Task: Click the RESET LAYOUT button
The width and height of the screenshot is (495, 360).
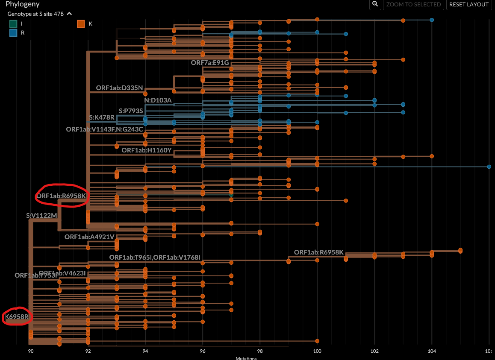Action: coord(468,5)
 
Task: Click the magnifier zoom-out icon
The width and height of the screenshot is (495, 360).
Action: coord(375,4)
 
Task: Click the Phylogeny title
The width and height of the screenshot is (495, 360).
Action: coord(23,4)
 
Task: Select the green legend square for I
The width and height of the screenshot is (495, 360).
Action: coord(14,24)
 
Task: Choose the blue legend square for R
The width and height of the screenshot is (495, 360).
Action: coord(14,33)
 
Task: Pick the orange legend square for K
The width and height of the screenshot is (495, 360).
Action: coord(81,24)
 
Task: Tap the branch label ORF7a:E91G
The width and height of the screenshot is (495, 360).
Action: coord(210,63)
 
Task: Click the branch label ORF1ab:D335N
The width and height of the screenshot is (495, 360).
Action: coord(119,88)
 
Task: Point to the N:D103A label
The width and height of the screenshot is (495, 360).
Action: coord(158,100)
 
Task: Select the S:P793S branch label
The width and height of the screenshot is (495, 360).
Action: coord(131,111)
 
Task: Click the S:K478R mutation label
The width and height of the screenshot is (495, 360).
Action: coord(102,117)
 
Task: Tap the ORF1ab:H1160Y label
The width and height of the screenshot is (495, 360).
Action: coord(146,150)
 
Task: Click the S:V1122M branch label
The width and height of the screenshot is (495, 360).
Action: coord(41,216)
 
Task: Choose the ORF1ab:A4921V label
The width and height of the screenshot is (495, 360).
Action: coord(89,237)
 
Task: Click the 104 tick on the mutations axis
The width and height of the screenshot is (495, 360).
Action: coord(432,351)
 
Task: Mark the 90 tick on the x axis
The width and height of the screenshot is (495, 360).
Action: coord(31,351)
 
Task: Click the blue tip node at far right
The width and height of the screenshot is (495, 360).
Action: coord(489,167)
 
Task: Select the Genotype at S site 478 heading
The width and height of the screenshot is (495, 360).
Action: coord(36,14)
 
